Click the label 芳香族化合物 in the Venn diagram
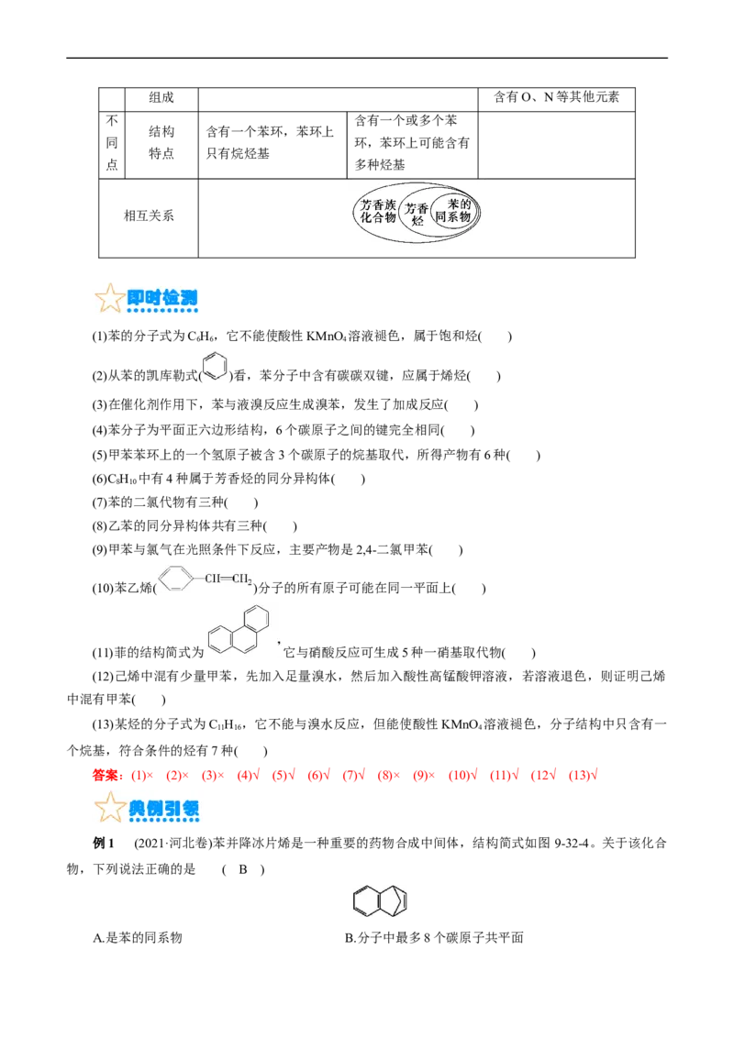378,212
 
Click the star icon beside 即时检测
108,298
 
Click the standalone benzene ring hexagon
215,364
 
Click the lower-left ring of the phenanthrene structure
218,640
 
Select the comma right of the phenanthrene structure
282,651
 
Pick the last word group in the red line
584,776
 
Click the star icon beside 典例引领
108,808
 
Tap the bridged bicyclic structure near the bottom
381,899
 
